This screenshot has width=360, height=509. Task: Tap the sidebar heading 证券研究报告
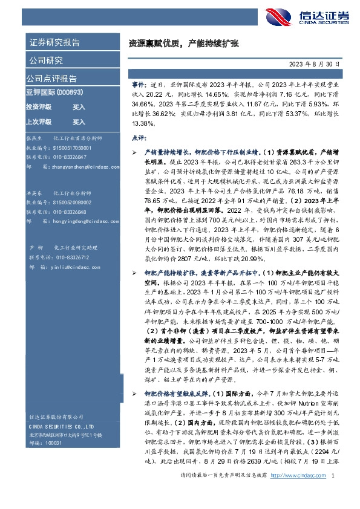(x=54, y=43)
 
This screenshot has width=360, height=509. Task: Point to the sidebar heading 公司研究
(x=45, y=60)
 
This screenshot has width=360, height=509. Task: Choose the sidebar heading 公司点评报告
(x=51, y=78)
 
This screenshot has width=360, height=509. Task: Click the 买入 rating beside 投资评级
(x=79, y=106)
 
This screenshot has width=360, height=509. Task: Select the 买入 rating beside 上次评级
(x=79, y=121)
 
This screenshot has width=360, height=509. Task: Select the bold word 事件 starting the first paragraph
(x=138, y=86)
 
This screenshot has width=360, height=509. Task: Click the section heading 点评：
(x=140, y=138)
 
